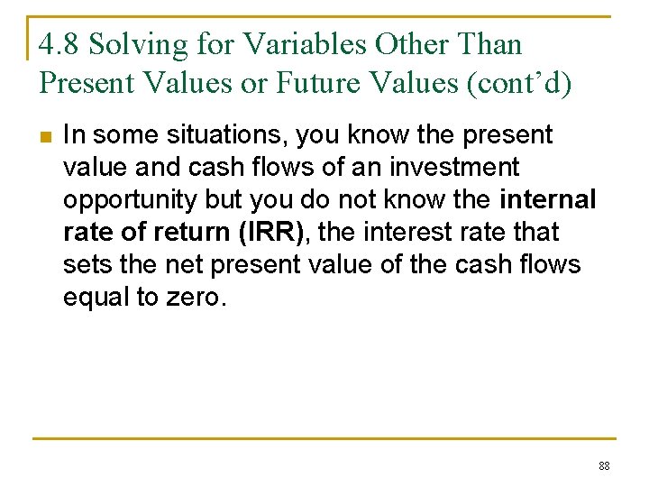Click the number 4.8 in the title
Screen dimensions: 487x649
(x=60, y=44)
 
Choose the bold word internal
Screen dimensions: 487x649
(x=546, y=200)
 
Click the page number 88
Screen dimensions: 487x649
(x=603, y=466)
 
